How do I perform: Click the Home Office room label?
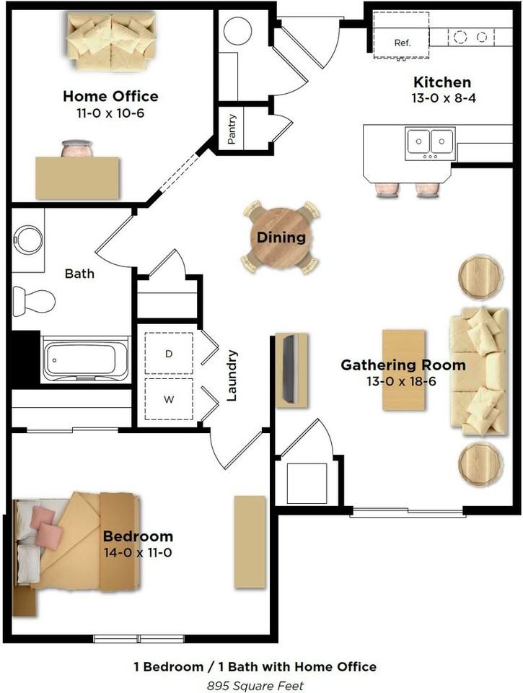pyautogui.click(x=110, y=96)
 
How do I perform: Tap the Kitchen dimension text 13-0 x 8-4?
pyautogui.click(x=442, y=99)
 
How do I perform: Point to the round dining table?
pyautogui.click(x=281, y=237)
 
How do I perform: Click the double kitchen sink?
pyautogui.click(x=431, y=142)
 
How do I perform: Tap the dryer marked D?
pyautogui.click(x=169, y=354)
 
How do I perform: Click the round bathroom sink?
pyautogui.click(x=29, y=240)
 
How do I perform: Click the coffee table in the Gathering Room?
pyautogui.click(x=403, y=370)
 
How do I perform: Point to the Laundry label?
pyautogui.click(x=232, y=375)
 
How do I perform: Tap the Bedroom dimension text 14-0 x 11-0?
pyautogui.click(x=138, y=553)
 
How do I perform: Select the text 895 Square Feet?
pyautogui.click(x=255, y=685)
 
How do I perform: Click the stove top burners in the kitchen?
pyautogui.click(x=471, y=36)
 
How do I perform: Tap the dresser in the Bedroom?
pyautogui.click(x=250, y=541)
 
